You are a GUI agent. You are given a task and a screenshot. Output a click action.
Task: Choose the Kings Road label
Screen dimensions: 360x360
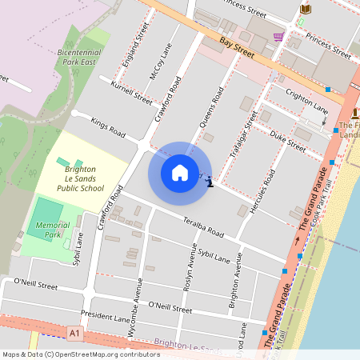pyautogui.click(x=108, y=127)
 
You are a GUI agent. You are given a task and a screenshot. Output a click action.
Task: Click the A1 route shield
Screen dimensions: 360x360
pyautogui.click(x=74, y=331)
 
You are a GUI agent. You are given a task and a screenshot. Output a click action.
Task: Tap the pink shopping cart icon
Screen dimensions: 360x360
pyautogui.click(x=278, y=37)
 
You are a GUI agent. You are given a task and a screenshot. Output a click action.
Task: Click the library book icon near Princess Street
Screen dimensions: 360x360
pyautogui.click(x=305, y=9)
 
